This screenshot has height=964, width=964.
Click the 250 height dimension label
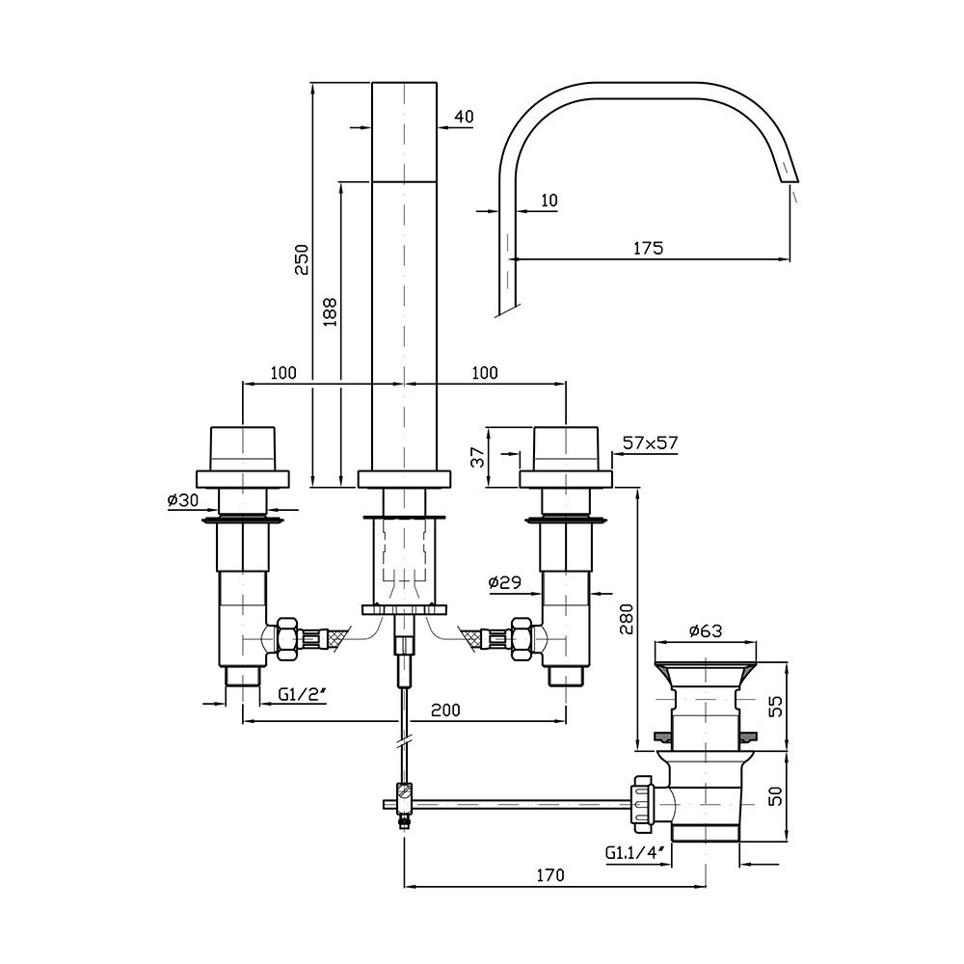coord(302,259)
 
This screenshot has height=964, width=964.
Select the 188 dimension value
coord(330,312)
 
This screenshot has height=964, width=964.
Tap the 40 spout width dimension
coord(465,117)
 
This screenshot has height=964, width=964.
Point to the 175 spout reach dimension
coord(649,248)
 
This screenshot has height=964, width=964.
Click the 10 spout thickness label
coord(549,200)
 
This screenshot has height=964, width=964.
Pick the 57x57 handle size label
coord(650,442)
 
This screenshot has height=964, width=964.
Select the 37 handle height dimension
coord(478,457)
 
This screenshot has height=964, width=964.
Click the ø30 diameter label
coord(182,499)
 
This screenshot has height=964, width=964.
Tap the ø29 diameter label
coord(505,581)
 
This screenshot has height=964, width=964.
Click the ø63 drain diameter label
coord(706,630)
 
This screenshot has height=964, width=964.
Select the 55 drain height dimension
coord(776,706)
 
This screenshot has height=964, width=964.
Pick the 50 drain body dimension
coord(776,795)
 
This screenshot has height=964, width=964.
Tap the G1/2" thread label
coord(302,694)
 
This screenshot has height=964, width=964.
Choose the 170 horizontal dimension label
coord(549,874)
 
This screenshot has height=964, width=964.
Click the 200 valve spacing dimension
coord(445,710)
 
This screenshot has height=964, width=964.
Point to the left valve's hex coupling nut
coord(287,639)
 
